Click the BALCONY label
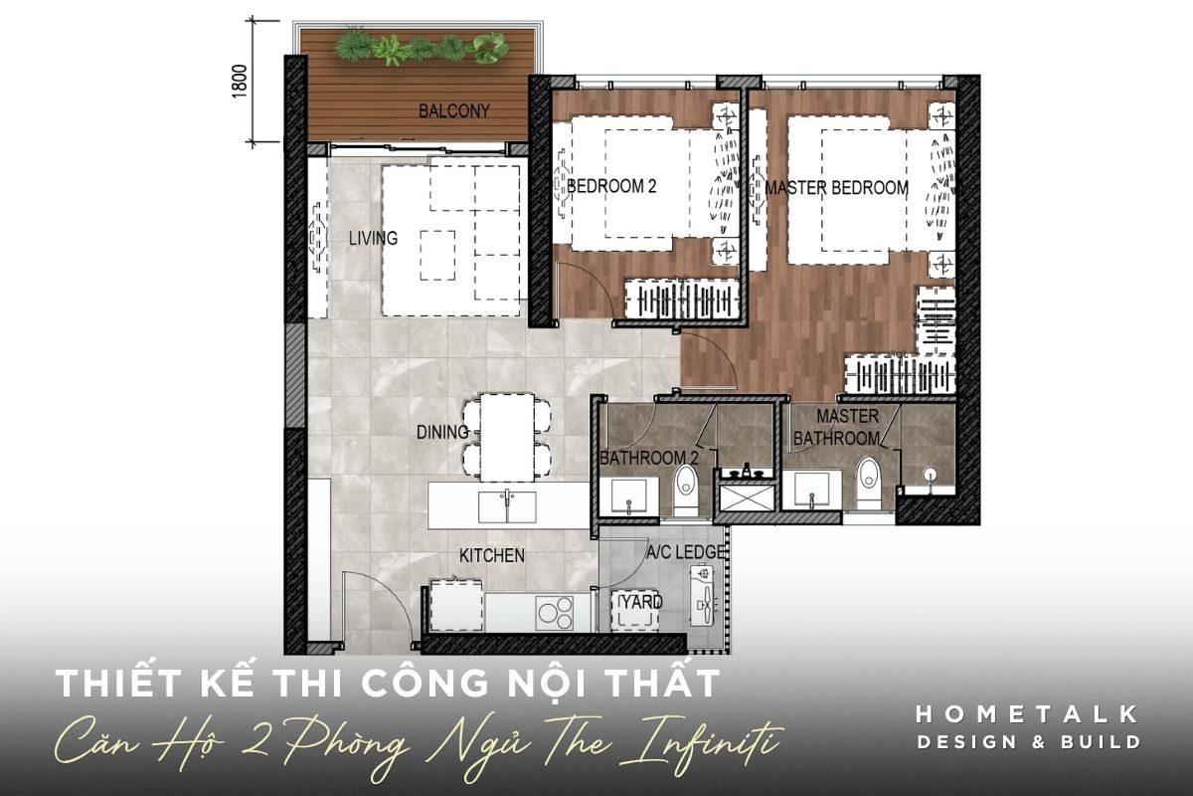453,110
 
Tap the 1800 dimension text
240,81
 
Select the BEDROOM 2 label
611,186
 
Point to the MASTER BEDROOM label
837,188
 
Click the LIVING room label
373,238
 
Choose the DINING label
442,432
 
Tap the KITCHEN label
491,555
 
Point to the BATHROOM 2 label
648,458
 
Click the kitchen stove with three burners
555,612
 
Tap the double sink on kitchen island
507,507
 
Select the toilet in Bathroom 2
685,490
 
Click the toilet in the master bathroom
868,483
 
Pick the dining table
507,438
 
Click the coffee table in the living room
437,256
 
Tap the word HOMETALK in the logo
1027,715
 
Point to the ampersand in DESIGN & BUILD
1039,742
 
